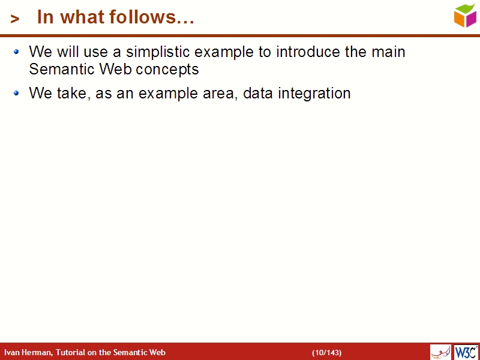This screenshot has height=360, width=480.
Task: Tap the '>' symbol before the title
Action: click(15, 19)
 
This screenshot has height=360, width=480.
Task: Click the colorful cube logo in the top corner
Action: click(465, 15)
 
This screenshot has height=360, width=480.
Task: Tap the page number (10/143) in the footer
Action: click(326, 352)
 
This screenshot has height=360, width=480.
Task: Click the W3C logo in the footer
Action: click(466, 352)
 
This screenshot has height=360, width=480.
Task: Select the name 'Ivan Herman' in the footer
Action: click(28, 352)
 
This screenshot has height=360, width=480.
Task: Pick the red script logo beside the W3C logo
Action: click(440, 352)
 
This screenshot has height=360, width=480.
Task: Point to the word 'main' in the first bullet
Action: click(388, 52)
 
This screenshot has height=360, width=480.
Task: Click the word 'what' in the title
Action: click(81, 17)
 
